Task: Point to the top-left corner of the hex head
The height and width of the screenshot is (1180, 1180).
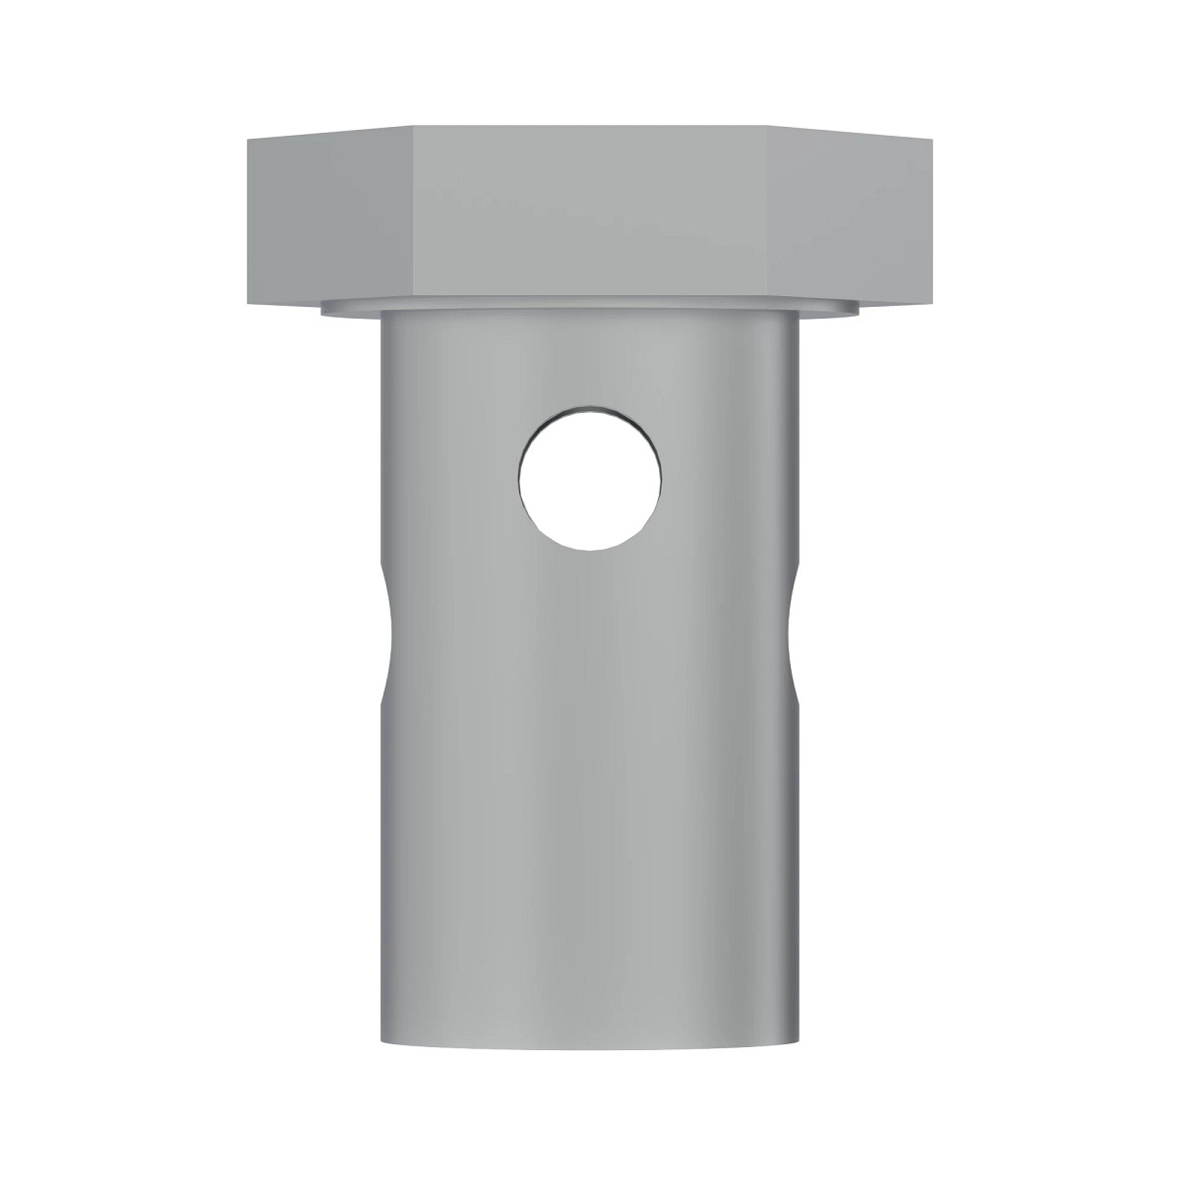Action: click(x=246, y=140)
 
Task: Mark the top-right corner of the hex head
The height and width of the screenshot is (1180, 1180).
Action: click(x=934, y=140)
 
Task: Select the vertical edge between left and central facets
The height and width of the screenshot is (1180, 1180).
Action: click(x=414, y=211)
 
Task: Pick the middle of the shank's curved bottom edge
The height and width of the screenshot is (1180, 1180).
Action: click(x=590, y=1055)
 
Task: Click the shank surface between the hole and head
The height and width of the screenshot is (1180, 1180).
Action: click(x=590, y=359)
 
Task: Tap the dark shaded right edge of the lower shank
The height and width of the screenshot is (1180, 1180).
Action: click(x=793, y=885)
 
